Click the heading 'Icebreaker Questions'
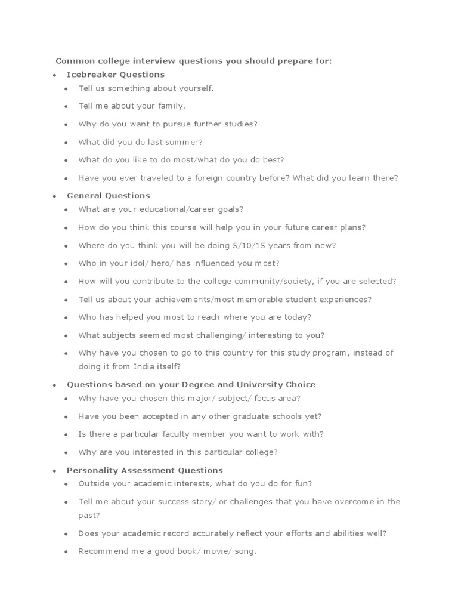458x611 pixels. [x=116, y=75]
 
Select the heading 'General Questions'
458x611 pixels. [x=109, y=195]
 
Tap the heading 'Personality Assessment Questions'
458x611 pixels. [x=145, y=470]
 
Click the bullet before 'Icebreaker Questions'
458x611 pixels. [x=54, y=75]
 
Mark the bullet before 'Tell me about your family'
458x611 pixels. [x=66, y=106]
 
